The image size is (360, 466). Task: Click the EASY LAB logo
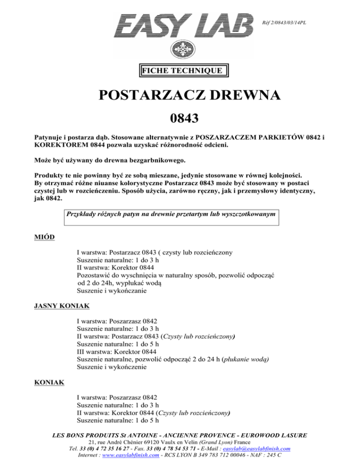click(x=184, y=25)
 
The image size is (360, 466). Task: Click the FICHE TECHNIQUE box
click(x=183, y=71)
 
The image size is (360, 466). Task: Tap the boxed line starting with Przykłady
click(x=170, y=214)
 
